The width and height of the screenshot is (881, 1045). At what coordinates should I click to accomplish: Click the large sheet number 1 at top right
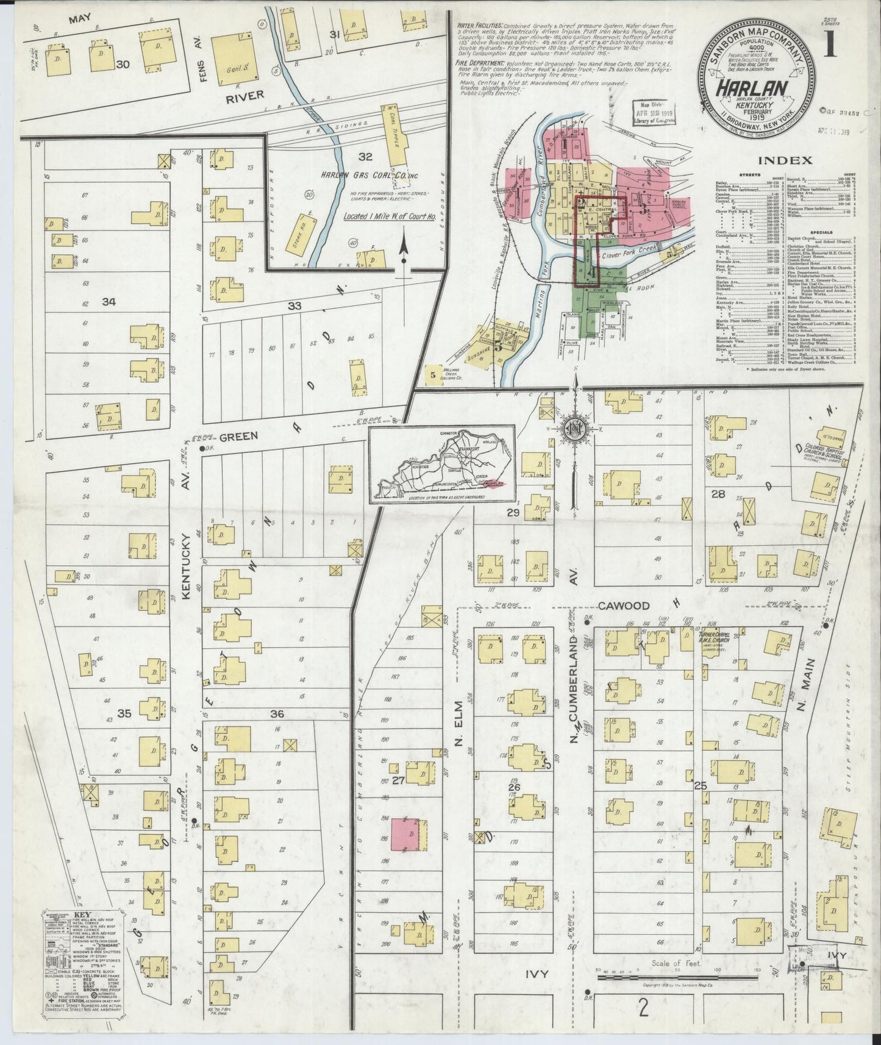pyautogui.click(x=830, y=45)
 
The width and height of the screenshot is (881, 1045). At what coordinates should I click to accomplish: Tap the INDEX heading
pyautogui.click(x=786, y=161)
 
